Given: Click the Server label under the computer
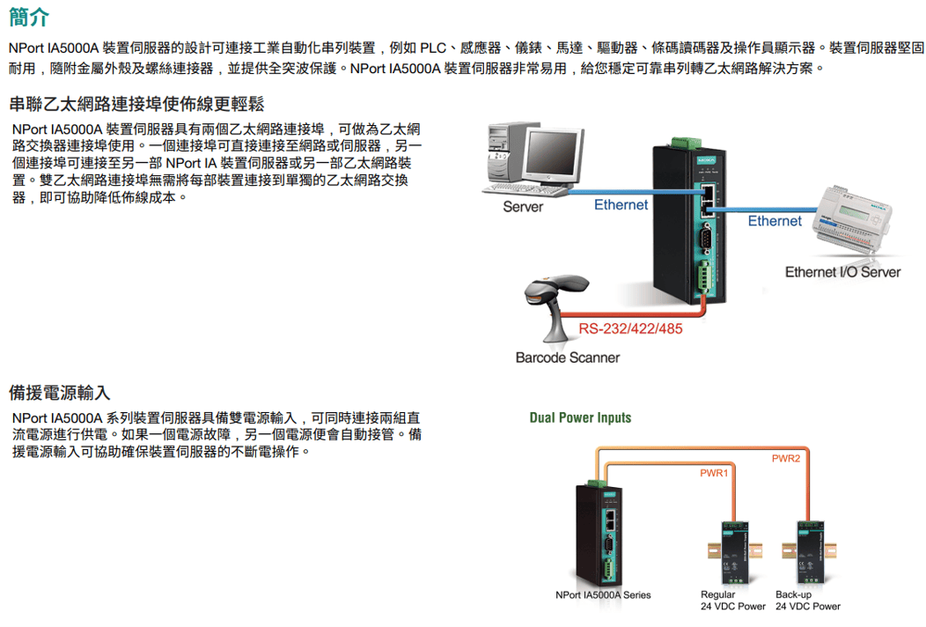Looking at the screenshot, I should click(x=523, y=207).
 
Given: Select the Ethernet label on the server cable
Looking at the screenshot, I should click(x=621, y=204).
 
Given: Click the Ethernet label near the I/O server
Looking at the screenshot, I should click(x=775, y=220).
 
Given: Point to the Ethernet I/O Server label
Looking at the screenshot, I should click(x=842, y=272).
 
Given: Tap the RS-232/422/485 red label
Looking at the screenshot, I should click(x=629, y=330).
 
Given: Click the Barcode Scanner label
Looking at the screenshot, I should click(x=567, y=358).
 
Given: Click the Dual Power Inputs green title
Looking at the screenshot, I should click(x=580, y=417).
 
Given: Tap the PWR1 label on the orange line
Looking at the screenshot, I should click(x=714, y=474).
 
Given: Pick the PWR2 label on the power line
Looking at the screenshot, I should click(x=785, y=458).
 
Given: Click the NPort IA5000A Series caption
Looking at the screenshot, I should click(x=603, y=594).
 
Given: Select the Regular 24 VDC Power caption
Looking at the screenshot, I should click(x=732, y=600).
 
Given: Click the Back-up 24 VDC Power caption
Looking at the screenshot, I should click(x=807, y=600).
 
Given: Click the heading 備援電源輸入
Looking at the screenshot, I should click(x=59, y=392).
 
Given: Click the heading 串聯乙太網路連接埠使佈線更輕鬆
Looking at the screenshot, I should click(x=136, y=104).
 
